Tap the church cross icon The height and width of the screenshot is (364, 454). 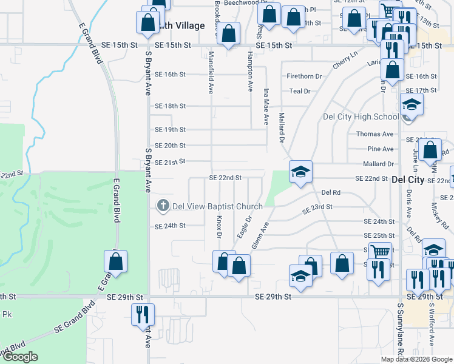pyautogui.click(x=162, y=206)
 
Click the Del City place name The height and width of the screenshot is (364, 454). pyautogui.click(x=408, y=180)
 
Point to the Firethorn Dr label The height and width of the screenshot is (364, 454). pyautogui.click(x=304, y=76)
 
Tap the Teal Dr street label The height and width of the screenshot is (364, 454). pyautogui.click(x=300, y=91)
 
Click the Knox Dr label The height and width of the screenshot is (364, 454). pyautogui.click(x=219, y=226)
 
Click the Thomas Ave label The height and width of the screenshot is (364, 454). pyautogui.click(x=375, y=134)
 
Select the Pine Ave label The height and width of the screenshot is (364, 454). pyautogui.click(x=381, y=149)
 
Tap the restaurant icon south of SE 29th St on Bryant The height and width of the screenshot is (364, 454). pyautogui.click(x=144, y=314)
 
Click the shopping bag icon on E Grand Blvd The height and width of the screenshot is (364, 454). pyautogui.click(x=115, y=261)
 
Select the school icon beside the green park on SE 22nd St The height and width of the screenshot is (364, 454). pyautogui.click(x=300, y=172)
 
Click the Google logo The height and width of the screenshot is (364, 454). pyautogui.click(x=20, y=357)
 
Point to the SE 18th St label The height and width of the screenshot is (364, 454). pyautogui.click(x=170, y=106)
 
